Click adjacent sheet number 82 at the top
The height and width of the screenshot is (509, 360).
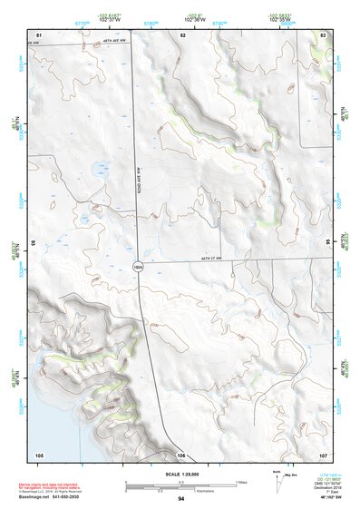click(182, 34)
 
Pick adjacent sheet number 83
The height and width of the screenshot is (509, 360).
click(323, 34)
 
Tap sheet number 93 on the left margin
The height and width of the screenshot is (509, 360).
click(34, 243)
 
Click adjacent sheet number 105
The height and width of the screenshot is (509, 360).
click(39, 454)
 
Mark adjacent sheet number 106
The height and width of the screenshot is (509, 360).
click(181, 454)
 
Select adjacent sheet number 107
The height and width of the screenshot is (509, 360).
click(322, 454)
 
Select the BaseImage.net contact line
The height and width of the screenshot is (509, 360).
click(56, 497)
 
